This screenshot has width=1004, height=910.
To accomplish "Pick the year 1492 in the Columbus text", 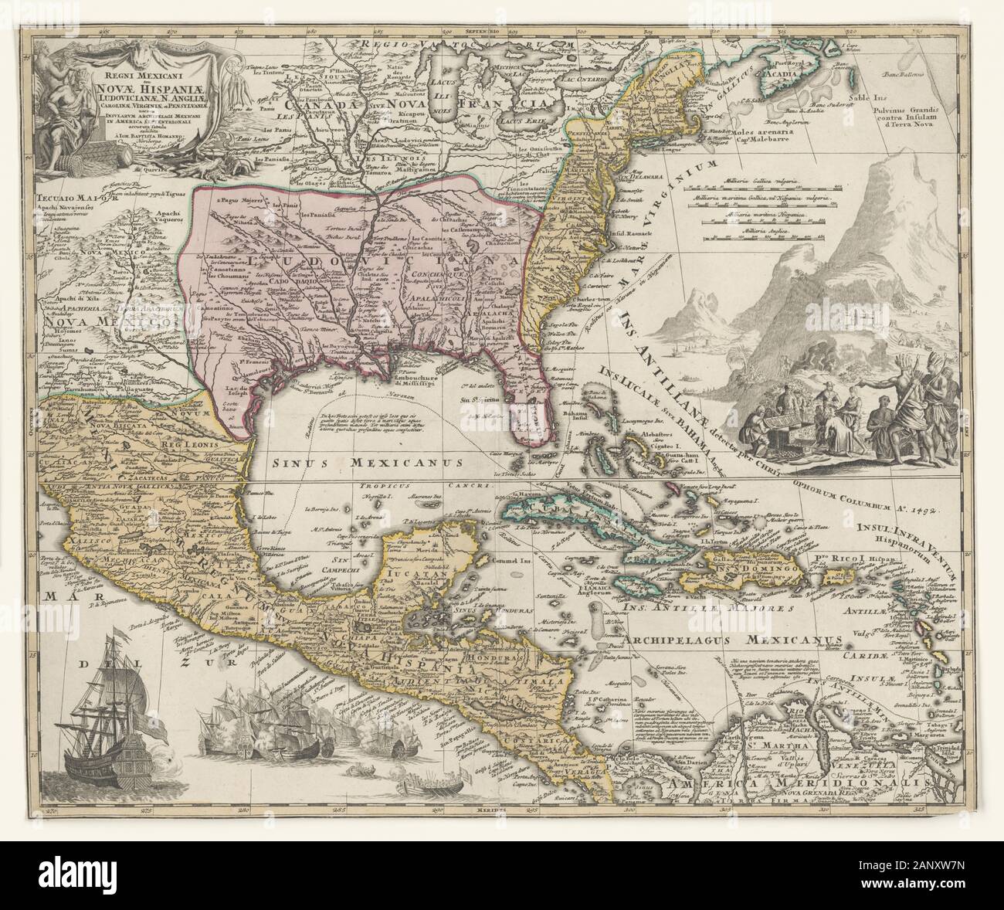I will point(944,509).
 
